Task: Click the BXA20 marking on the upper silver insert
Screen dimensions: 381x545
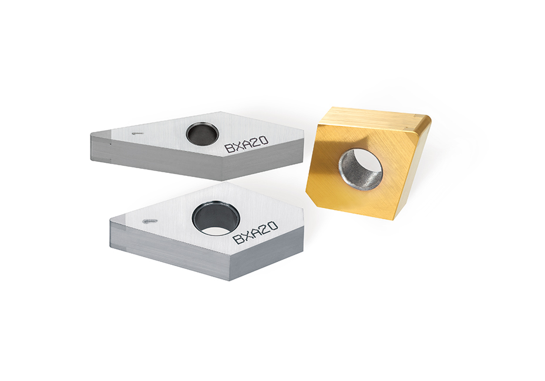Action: click(x=246, y=143)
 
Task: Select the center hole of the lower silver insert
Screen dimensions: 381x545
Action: click(x=217, y=218)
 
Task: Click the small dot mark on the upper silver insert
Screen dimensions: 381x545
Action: click(x=136, y=133)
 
